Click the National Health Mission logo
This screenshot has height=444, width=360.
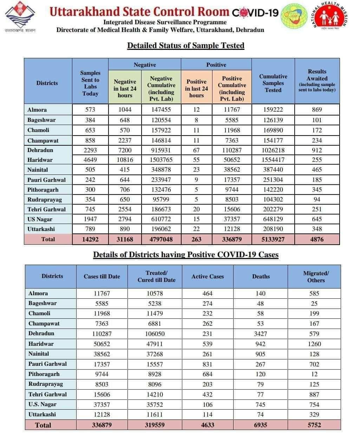click(331, 16)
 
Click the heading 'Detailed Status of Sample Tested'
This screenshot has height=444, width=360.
click(185, 46)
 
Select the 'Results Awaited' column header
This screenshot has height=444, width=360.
click(317, 80)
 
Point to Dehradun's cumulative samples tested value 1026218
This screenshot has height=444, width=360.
click(273, 150)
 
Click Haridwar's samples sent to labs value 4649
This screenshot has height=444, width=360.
click(90, 160)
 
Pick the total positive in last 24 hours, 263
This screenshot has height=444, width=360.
click(196, 239)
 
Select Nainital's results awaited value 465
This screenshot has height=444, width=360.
click(317, 170)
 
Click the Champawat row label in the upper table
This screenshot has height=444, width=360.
click(43, 141)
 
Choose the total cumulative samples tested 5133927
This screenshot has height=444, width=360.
click(273, 239)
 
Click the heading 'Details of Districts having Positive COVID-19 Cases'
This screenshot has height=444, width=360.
click(185, 255)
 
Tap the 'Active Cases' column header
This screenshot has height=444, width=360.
click(208, 277)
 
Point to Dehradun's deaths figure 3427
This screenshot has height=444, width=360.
click(261, 334)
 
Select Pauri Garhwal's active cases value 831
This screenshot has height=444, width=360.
click(208, 364)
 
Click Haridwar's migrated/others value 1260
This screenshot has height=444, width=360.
click(314, 344)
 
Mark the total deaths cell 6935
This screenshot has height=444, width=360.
click(261, 425)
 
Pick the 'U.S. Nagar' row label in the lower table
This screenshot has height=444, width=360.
click(42, 404)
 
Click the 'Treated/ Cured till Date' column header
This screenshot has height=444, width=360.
click(156, 277)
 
